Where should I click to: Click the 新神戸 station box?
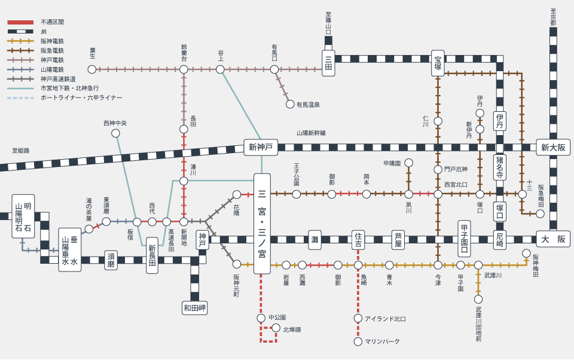(261, 147)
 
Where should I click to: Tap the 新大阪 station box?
(553, 147)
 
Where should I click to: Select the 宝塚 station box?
(438, 63)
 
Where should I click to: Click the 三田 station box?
(328, 63)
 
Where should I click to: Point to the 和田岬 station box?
(195, 308)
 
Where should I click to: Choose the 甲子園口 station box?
(464, 239)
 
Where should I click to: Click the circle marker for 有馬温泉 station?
(290, 105)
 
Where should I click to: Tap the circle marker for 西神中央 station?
(115, 133)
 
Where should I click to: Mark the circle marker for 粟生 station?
(92, 69)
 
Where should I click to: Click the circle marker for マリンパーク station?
(358, 341)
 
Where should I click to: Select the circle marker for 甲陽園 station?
(408, 163)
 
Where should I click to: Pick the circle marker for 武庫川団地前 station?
(478, 299)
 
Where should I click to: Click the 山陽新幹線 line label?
(311, 133)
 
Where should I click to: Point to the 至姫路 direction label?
(20, 151)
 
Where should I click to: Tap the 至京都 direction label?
(553, 17)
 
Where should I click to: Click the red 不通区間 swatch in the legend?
(20, 22)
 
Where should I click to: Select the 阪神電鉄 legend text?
(53, 41)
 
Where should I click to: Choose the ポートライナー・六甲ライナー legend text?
(81, 98)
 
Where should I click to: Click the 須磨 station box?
(111, 260)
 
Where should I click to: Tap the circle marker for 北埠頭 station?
(276, 328)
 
